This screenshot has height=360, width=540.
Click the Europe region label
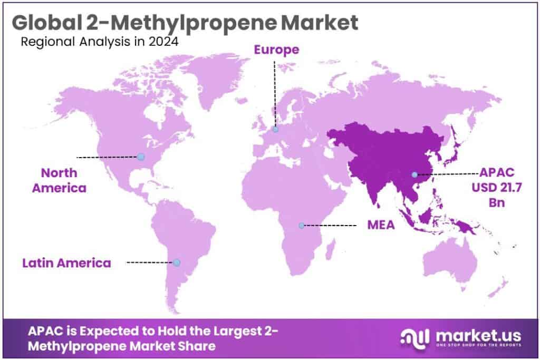pos(277,50)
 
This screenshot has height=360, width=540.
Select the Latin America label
pos(67,262)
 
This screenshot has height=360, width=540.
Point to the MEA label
pos(381,225)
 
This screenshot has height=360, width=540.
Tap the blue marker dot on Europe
pos(275,129)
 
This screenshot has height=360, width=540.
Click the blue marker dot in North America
pos(141,157)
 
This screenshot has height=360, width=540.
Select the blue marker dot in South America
pos(177,262)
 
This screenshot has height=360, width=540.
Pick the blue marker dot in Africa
pos(302,225)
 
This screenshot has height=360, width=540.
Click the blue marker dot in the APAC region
pos(414,174)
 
